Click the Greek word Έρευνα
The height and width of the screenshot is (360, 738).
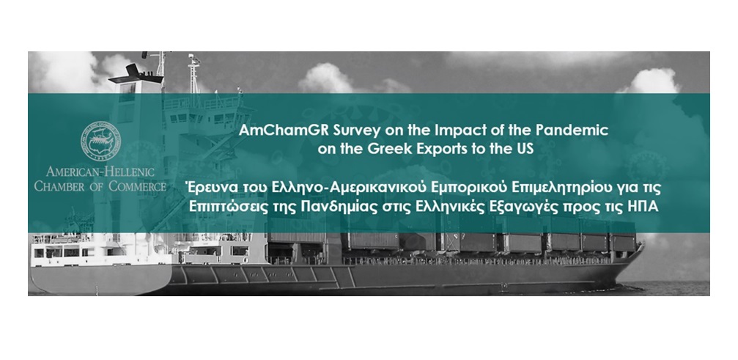click(205, 187)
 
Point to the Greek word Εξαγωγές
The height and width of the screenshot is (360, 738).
click(513, 207)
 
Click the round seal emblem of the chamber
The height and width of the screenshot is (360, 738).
click(100, 142)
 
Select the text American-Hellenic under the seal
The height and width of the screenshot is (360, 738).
click(100, 172)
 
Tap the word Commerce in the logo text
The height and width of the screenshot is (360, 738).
click(138, 186)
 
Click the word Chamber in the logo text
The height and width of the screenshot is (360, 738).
click(59, 186)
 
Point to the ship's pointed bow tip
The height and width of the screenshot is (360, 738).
click(643, 245)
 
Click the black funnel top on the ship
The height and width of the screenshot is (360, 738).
click(136, 75)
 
